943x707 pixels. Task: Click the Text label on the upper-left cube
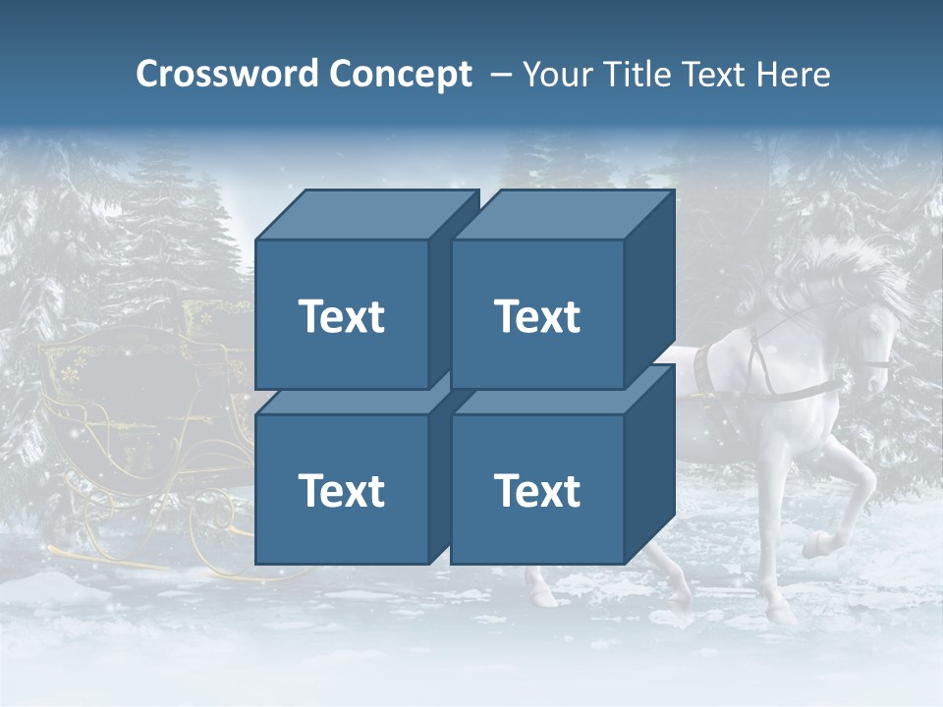click(x=342, y=317)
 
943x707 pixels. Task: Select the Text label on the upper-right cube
click(x=537, y=317)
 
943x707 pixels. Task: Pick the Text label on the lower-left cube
click(x=342, y=491)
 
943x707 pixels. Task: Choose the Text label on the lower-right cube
click(x=537, y=491)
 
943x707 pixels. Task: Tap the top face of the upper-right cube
click(x=562, y=215)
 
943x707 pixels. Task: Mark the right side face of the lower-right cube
click(x=649, y=462)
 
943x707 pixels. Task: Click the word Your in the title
click(x=556, y=75)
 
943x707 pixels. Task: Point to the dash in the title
click(x=500, y=75)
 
